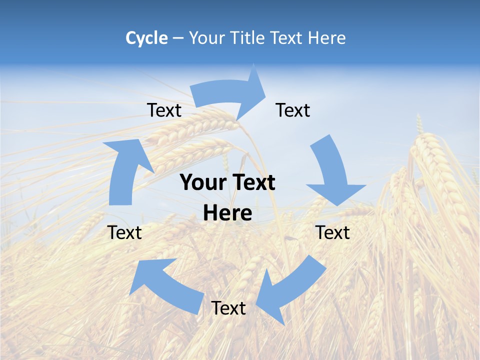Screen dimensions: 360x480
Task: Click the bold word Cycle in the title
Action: (146, 38)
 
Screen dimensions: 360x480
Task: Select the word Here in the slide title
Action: (327, 38)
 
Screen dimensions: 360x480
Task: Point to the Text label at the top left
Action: (164, 110)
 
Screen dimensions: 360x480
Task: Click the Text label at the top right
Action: (293, 110)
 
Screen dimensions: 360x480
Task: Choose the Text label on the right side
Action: (332, 232)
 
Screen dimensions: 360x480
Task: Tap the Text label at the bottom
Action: (228, 308)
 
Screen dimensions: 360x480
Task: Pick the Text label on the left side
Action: (124, 232)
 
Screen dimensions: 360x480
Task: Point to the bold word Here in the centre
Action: (227, 213)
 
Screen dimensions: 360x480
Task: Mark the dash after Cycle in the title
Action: (178, 38)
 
